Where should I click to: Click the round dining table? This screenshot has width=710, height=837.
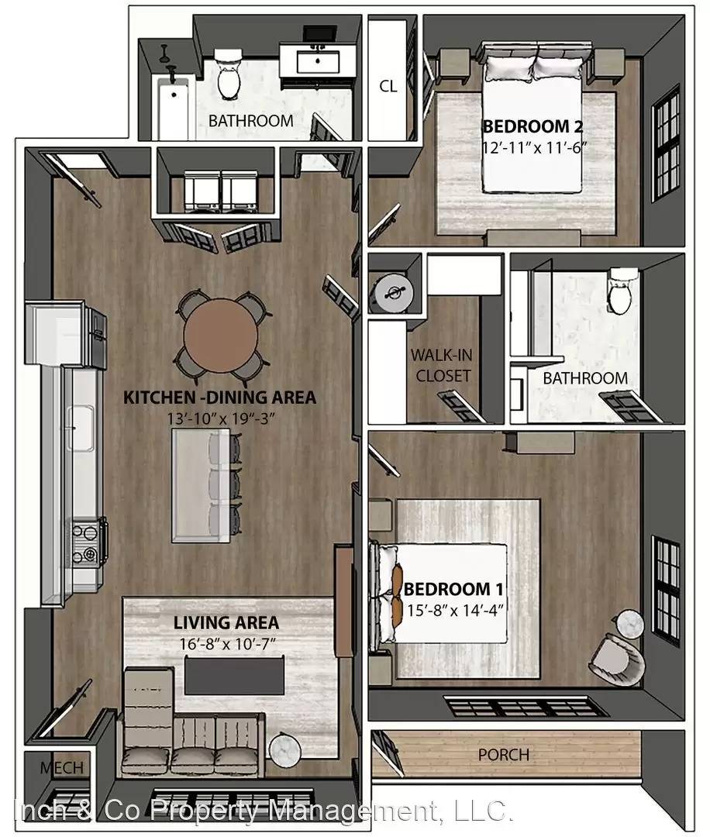pos(220,336)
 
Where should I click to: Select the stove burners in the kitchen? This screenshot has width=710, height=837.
pos(85,544)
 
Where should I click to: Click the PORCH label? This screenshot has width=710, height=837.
pos(503,755)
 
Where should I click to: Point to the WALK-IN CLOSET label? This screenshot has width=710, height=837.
pos(443,366)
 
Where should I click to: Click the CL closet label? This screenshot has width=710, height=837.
pos(388,86)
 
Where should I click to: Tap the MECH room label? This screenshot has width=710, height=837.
pos(62,768)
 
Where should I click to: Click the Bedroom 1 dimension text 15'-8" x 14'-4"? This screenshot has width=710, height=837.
pos(455,610)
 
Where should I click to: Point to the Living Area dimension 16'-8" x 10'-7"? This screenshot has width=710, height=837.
pos(227,644)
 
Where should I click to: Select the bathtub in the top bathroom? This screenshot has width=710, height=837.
pos(172,107)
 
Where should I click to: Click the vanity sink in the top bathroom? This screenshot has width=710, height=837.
pos(318,62)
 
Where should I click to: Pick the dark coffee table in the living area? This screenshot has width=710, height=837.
pos(234,675)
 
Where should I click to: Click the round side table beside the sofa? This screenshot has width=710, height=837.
pos(285,749)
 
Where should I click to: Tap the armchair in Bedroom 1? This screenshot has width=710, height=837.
pos(617,660)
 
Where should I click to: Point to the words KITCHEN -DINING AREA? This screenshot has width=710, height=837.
pos(219,398)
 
